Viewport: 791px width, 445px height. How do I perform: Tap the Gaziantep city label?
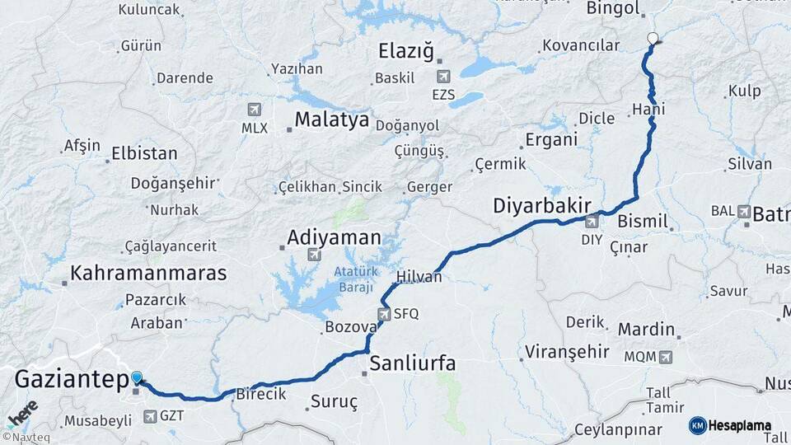[x=73, y=381]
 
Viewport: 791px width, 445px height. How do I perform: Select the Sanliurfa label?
[x=413, y=363]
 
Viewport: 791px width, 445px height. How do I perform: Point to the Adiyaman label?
[x=334, y=238]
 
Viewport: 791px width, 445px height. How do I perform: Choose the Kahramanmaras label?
[x=148, y=273]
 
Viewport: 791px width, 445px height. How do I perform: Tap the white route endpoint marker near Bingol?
[x=653, y=38]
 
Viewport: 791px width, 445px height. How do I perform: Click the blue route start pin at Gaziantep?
[x=137, y=377]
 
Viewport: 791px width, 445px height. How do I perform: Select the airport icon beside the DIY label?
[x=592, y=222]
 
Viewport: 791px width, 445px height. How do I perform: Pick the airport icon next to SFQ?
[x=384, y=314]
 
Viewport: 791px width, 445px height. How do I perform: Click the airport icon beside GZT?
[x=150, y=416]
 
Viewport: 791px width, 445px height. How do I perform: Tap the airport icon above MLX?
[x=254, y=110]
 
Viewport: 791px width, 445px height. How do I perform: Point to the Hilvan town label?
[x=419, y=277]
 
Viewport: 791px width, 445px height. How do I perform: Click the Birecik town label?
[x=261, y=394]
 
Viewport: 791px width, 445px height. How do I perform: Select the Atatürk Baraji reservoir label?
[x=354, y=279]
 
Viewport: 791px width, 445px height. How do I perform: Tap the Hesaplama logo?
[x=731, y=425]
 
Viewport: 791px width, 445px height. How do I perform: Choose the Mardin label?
[x=647, y=330]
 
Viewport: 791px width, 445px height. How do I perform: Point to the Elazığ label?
[x=405, y=52]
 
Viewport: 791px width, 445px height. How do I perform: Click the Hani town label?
[x=648, y=109]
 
